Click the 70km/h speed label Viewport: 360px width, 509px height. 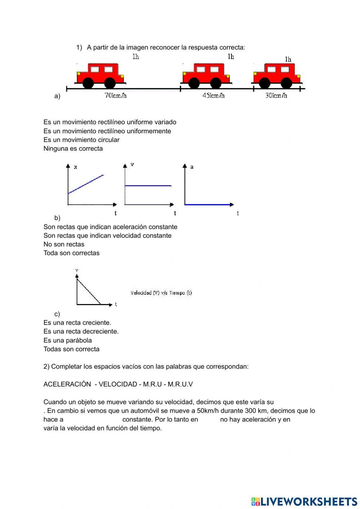click(116, 95)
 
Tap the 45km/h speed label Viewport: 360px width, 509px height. click(213, 95)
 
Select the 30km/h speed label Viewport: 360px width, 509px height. click(276, 95)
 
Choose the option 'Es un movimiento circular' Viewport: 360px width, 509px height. click(81, 140)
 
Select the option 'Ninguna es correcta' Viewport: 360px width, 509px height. click(73, 148)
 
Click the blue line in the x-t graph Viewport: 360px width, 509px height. click(86, 184)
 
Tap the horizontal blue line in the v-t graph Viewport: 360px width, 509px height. click(148, 186)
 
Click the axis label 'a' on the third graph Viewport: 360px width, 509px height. click(192, 167)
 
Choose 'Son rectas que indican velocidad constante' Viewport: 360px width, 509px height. click(107, 236)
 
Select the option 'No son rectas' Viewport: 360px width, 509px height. click(64, 244)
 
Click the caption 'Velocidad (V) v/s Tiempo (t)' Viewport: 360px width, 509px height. click(161, 293)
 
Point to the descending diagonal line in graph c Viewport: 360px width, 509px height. click(89, 291)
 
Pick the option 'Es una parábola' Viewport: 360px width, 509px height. click(68, 340)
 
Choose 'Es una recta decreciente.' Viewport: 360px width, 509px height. click(81, 331)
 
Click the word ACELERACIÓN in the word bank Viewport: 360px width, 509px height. click(67, 384)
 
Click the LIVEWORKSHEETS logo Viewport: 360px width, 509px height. click(304, 501)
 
